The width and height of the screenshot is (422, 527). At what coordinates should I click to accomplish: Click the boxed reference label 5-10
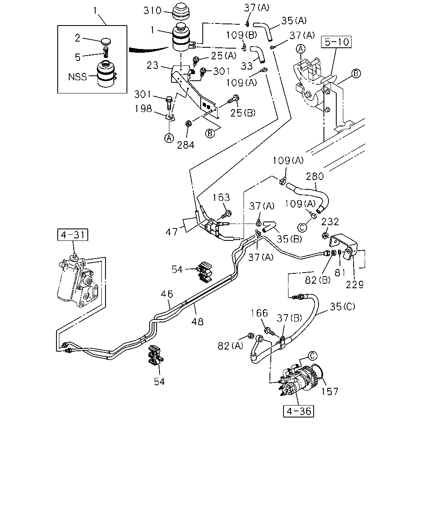336,42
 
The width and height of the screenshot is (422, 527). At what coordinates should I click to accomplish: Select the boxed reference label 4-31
73,235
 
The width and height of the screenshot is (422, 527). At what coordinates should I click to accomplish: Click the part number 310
152,11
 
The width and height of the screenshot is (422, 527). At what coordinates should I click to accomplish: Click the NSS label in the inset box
77,77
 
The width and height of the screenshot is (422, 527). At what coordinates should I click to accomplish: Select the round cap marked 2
106,41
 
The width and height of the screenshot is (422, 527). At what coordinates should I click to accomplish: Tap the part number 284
185,145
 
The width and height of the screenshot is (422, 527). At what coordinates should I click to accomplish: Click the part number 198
143,109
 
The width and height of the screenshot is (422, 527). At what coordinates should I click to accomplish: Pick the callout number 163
221,197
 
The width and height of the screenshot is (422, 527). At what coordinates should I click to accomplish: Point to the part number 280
315,176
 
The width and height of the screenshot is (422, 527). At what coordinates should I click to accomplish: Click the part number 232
330,222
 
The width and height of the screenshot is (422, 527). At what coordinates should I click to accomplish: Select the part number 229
354,284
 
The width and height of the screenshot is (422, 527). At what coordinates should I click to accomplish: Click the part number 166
259,313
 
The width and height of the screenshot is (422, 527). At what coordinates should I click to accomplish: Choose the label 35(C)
342,306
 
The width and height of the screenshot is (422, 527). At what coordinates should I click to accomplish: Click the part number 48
197,322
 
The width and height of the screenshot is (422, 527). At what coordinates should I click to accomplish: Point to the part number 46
167,294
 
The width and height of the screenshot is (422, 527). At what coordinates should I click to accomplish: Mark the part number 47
171,232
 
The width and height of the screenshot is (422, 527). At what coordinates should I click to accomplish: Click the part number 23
152,65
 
